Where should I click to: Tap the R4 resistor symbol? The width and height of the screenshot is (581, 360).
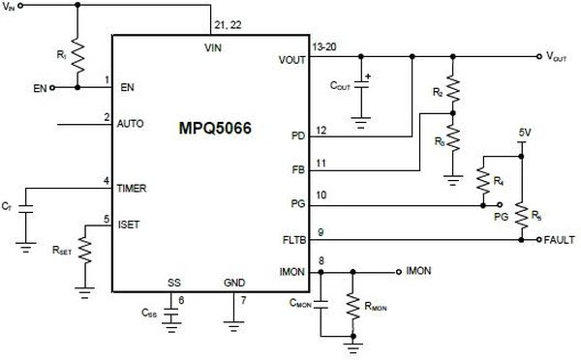coord(481,181)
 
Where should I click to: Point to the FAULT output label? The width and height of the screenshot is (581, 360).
coord(561,238)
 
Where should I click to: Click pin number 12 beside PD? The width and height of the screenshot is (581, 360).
coord(321,130)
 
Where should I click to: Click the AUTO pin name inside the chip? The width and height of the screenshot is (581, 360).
coord(130,125)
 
